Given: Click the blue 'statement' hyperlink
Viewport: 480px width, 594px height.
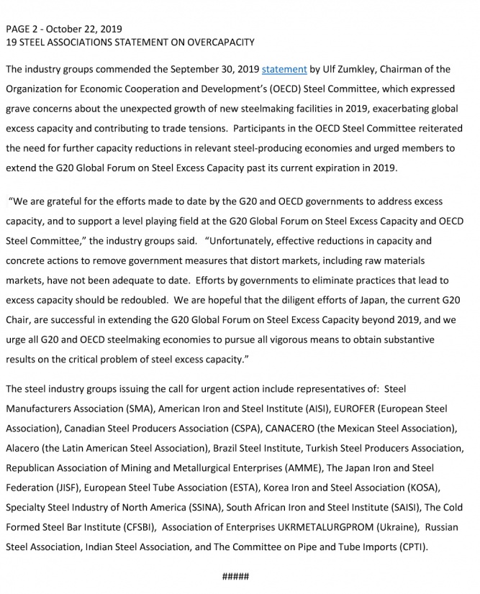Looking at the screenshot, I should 284,70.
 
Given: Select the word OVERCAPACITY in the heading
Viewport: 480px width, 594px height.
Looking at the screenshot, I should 221,42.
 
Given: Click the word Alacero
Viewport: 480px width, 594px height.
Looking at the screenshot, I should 24,448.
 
